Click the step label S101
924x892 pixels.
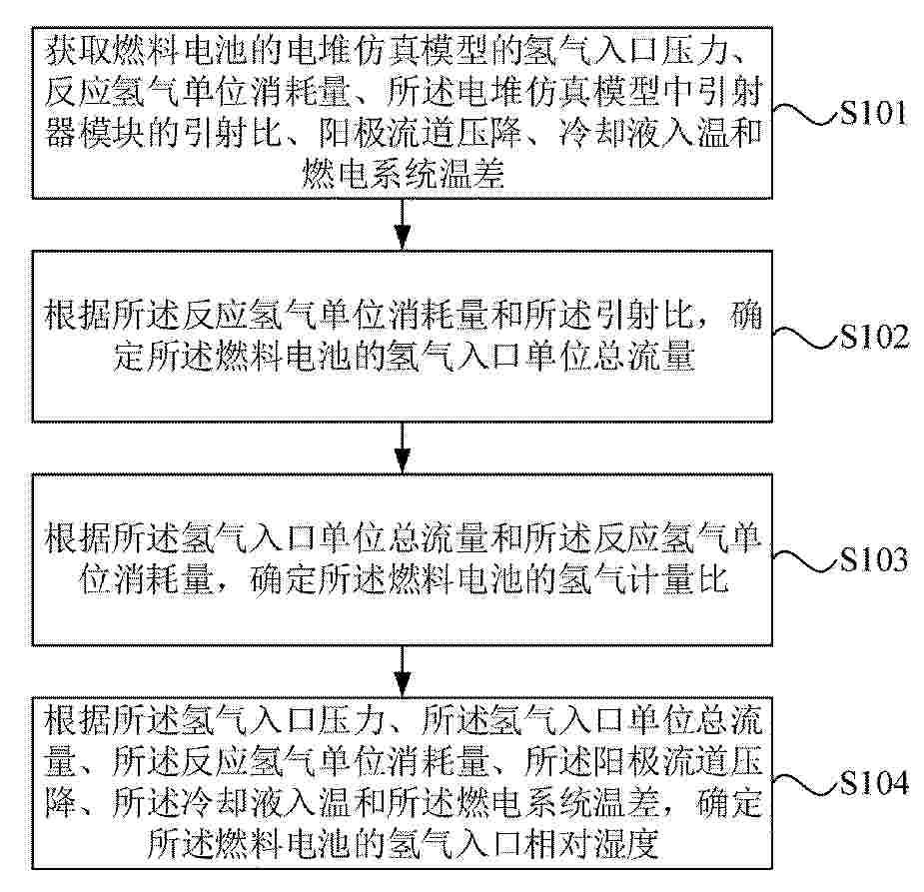coord(873,112)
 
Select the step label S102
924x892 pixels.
coord(874,336)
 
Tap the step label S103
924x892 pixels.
coord(874,558)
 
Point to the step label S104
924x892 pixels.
coord(874,782)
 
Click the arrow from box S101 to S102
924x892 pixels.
coord(403,225)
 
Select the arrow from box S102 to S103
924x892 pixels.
coord(403,447)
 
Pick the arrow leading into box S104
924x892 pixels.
coord(403,671)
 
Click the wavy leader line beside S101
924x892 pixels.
coord(805,113)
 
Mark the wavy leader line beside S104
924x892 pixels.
coord(805,783)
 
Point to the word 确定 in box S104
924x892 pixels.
coord(729,803)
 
